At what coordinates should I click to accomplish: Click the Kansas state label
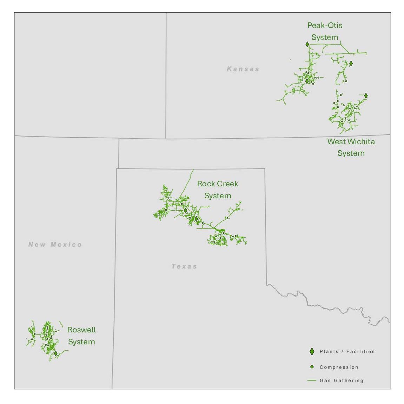click(x=243, y=69)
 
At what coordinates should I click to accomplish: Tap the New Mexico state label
click(x=55, y=245)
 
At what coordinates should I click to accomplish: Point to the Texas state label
click(x=184, y=266)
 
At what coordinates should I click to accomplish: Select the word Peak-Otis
click(x=325, y=25)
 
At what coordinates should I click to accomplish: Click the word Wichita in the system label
click(x=361, y=141)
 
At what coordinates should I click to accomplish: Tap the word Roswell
click(x=81, y=330)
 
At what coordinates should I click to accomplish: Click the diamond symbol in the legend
click(x=312, y=351)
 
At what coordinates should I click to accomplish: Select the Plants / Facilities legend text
click(x=347, y=351)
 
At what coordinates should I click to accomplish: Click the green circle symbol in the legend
click(x=312, y=367)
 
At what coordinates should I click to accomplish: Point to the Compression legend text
click(x=339, y=367)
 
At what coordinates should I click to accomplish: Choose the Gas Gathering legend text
click(x=341, y=380)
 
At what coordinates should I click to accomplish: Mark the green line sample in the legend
click(x=312, y=380)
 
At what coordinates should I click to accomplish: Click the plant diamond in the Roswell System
click(x=56, y=353)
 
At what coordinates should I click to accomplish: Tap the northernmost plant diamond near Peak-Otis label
click(x=307, y=44)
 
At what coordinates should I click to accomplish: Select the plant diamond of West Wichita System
click(x=366, y=95)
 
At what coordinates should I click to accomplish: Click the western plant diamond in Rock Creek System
click(x=186, y=210)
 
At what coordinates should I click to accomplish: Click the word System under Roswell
click(x=81, y=342)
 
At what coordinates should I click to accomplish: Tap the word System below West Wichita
click(x=351, y=153)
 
